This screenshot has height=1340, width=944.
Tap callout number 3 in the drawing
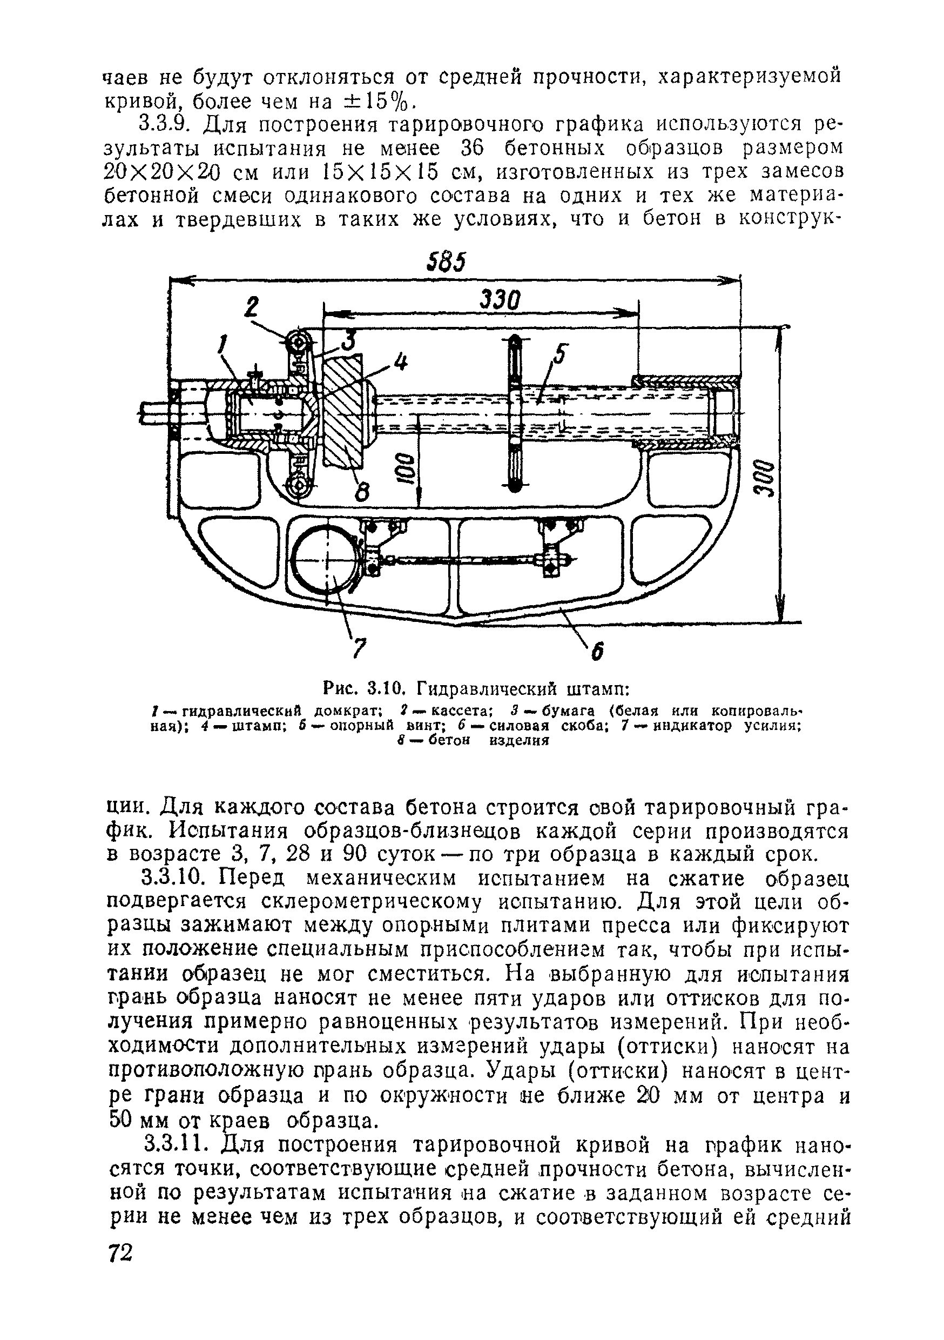(x=348, y=338)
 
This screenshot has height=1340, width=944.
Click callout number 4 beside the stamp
(x=400, y=363)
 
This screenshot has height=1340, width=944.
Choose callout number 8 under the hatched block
(x=362, y=494)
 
